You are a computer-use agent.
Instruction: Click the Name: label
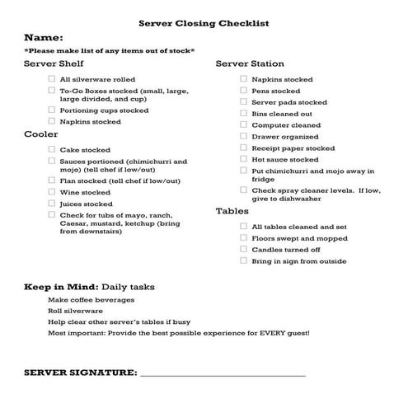44,38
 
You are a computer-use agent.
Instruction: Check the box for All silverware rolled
52,79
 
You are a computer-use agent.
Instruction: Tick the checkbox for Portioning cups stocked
52,110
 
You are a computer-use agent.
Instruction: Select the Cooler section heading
40,134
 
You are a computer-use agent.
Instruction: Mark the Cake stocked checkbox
52,150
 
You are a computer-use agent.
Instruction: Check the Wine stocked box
52,192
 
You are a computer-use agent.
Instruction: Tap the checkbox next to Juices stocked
52,204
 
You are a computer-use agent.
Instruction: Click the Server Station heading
250,63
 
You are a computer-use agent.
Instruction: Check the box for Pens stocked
243,91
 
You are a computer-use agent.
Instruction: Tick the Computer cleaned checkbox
243,125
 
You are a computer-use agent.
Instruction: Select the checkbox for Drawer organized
243,137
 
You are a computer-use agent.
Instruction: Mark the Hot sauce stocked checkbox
243,159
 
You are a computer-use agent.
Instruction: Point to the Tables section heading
232,211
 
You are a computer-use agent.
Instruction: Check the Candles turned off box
243,249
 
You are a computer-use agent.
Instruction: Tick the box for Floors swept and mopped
243,237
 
